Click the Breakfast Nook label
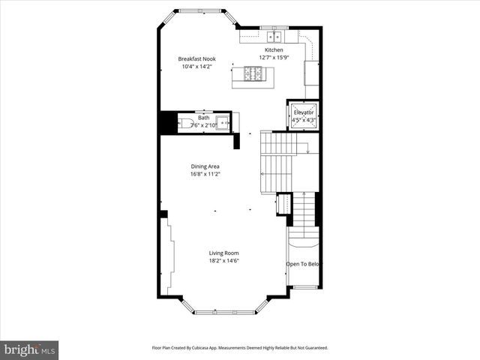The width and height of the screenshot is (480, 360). tap(197, 58)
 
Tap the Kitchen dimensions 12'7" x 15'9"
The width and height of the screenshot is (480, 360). tap(274, 58)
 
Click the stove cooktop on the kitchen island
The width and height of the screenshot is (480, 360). tap(253, 73)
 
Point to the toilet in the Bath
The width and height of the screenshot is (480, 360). tap(184, 123)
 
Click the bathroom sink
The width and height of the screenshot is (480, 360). tap(221, 122)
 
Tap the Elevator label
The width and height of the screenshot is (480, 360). tap(304, 112)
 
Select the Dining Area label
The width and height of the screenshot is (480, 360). tap(204, 166)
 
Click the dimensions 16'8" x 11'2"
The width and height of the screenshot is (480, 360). tap(204, 174)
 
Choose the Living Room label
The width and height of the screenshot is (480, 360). tap(224, 253)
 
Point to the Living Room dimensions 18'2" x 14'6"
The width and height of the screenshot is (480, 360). tap(224, 262)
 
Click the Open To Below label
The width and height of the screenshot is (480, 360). tap(304, 264)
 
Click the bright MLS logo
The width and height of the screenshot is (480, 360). tap(30, 349)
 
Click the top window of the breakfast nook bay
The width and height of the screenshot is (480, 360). tap(199, 11)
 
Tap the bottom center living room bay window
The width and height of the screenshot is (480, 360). tap(224, 310)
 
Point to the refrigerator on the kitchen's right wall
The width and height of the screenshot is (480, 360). tap(312, 73)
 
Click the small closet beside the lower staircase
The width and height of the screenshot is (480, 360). tap(283, 204)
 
